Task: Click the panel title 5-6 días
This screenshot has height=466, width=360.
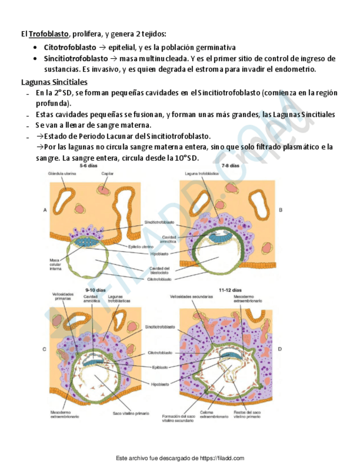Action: point(88,165)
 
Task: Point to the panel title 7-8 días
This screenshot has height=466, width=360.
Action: point(230,165)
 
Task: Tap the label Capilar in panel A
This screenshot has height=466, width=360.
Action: point(107,174)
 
